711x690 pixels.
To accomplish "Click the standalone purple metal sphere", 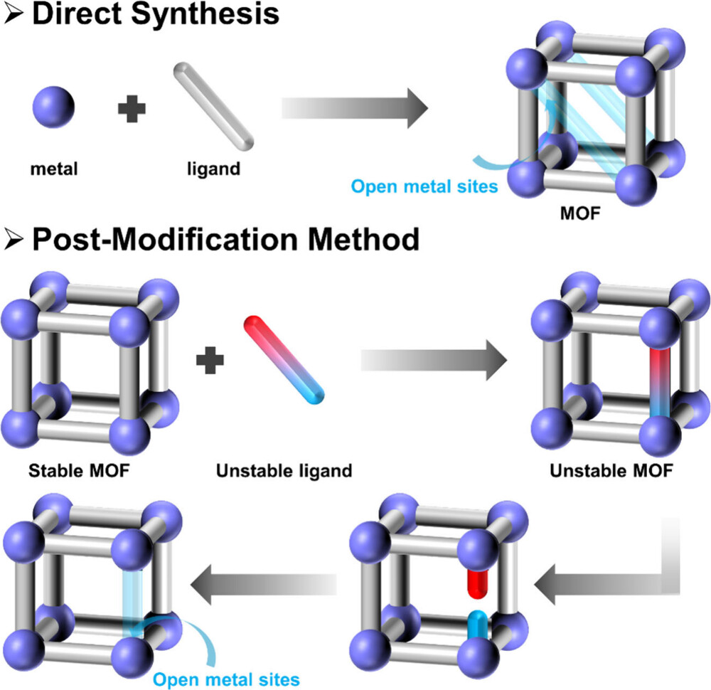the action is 53,107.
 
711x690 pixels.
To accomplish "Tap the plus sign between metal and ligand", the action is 132,109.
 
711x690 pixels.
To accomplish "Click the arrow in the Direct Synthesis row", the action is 355,108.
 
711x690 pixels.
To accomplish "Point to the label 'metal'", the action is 54,169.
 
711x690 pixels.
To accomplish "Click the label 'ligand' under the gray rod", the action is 213,169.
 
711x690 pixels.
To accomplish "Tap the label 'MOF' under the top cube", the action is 580,213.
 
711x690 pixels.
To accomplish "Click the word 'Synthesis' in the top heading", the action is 205,14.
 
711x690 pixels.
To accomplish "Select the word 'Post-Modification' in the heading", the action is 165,239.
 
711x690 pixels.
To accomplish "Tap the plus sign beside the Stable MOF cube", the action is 210,360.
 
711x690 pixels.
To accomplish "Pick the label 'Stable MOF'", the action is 79,471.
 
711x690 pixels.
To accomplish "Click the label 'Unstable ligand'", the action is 284,472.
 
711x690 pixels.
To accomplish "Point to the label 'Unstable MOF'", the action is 611,471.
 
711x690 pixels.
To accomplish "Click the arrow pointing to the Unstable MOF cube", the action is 434,360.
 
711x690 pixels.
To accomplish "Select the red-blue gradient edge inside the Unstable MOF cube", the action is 660,383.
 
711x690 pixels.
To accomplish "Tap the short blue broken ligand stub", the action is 478,625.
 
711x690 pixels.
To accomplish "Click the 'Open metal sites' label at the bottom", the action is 226,679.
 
